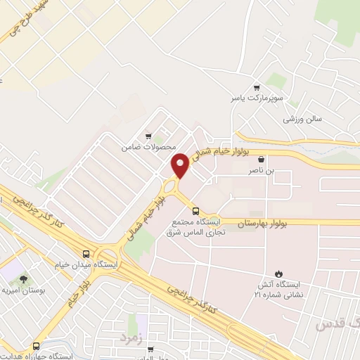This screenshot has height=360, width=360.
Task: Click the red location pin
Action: (180, 165)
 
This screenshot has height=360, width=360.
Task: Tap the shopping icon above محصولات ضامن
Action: (148, 136)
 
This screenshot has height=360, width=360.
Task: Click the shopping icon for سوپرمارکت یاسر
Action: (257, 86)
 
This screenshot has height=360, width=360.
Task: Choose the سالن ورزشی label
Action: (302, 119)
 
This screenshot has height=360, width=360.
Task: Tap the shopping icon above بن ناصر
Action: (262, 160)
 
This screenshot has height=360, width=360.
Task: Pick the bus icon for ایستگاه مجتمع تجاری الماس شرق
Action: (195, 210)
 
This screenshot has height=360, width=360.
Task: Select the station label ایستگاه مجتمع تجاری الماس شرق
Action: (198, 227)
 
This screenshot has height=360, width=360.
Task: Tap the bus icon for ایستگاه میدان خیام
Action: (86, 254)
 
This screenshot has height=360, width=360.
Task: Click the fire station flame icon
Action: (280, 274)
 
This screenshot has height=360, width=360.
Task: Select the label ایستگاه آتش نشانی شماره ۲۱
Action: (278, 289)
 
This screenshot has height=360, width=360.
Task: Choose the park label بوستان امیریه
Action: (17, 291)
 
